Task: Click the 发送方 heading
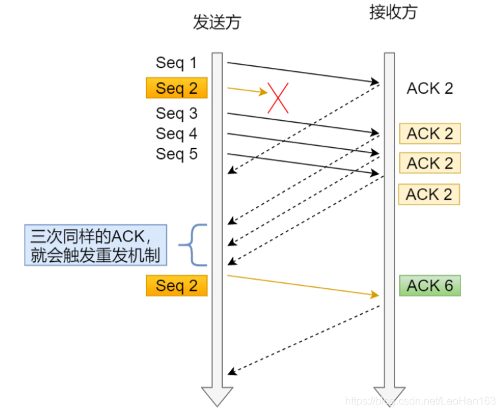(x=216, y=22)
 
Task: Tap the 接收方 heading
(x=393, y=13)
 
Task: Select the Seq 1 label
(x=176, y=63)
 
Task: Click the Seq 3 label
(x=176, y=113)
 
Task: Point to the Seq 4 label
(x=176, y=133)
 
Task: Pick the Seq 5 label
(x=176, y=154)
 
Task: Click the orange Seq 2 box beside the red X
(x=176, y=88)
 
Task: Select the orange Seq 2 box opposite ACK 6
(x=176, y=286)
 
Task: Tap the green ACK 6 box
(x=429, y=286)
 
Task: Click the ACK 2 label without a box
(x=429, y=88)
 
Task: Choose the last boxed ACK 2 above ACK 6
(x=429, y=194)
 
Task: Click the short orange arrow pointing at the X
(x=247, y=90)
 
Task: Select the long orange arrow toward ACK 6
(x=303, y=285)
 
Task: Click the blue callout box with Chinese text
(x=96, y=245)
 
